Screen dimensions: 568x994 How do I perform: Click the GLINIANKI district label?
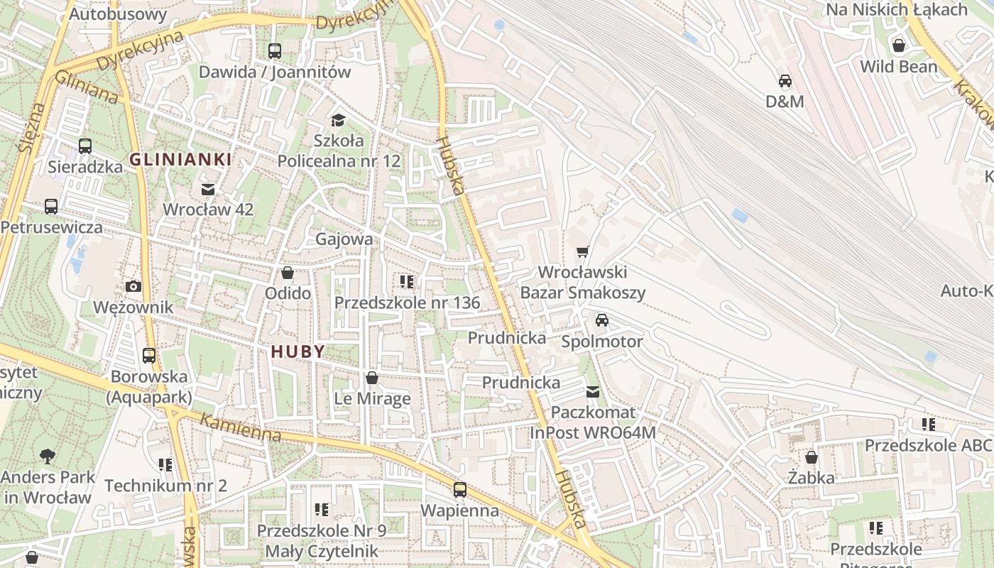(x=180, y=160)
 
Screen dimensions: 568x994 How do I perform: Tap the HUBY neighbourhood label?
(x=297, y=351)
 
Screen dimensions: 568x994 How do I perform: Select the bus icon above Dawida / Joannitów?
(x=275, y=51)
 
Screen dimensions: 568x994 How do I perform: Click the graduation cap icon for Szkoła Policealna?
(x=338, y=120)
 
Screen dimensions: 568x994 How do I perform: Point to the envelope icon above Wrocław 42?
(x=208, y=190)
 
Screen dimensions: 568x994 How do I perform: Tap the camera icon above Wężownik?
(x=133, y=287)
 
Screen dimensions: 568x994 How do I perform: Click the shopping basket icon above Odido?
(x=288, y=273)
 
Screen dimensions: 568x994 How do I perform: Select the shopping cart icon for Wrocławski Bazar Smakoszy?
(x=583, y=251)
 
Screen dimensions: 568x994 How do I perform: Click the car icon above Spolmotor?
(x=602, y=320)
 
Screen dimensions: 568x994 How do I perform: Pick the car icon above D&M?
(x=785, y=81)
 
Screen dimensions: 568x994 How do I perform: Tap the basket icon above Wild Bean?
(x=899, y=45)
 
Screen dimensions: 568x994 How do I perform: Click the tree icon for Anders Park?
(x=48, y=455)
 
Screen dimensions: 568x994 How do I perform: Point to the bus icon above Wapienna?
(x=460, y=490)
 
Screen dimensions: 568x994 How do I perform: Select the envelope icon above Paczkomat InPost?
(x=593, y=391)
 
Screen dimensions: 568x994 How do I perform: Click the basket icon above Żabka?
(x=812, y=457)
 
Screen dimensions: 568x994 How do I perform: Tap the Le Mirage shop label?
(x=372, y=398)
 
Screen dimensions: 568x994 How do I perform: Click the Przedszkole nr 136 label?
(x=407, y=302)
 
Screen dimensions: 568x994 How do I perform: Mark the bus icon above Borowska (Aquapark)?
(x=149, y=356)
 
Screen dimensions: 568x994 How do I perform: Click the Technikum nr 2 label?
(x=165, y=486)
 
